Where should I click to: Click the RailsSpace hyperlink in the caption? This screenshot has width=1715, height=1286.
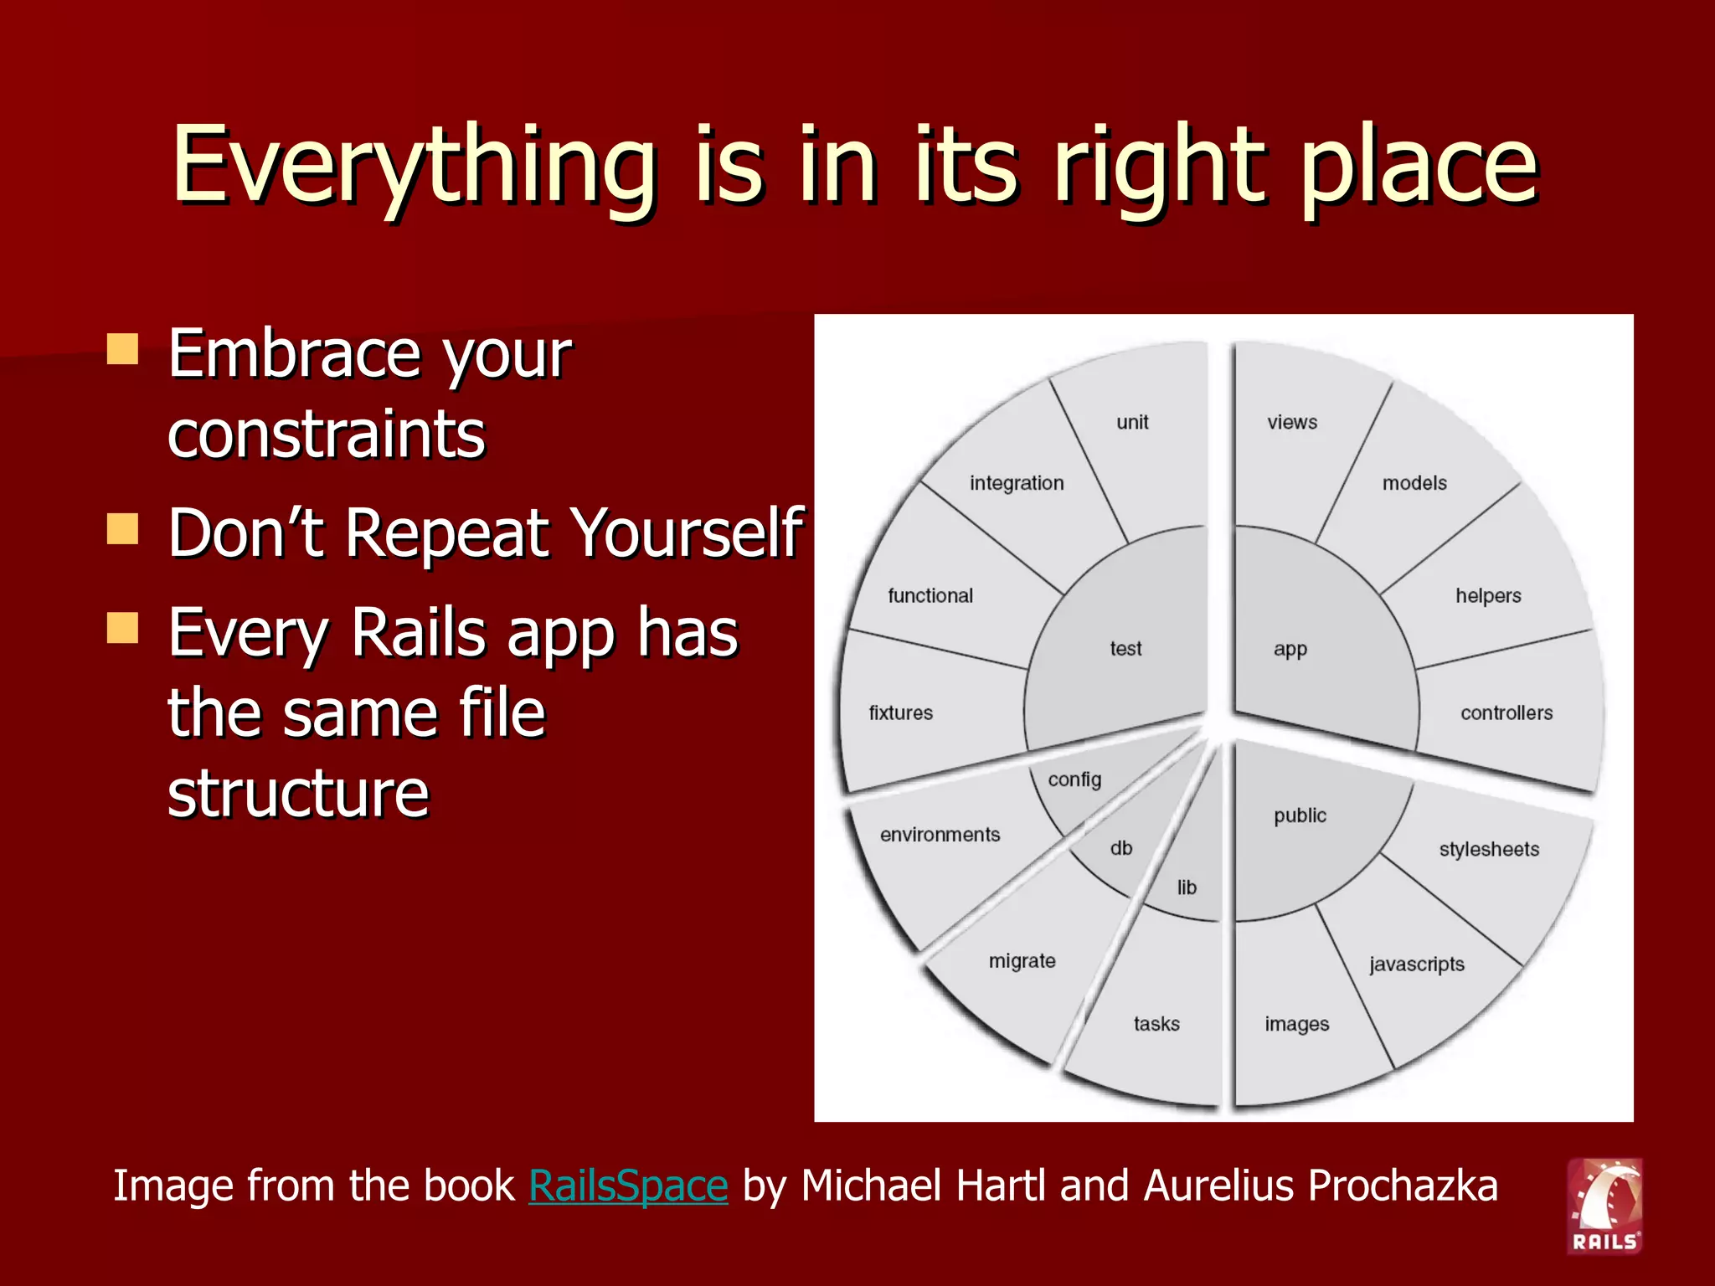(x=628, y=1186)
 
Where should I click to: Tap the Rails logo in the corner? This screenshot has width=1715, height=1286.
(x=1604, y=1206)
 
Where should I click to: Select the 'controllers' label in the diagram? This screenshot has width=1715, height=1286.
(x=1506, y=713)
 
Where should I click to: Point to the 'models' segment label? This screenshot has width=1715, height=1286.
(x=1414, y=483)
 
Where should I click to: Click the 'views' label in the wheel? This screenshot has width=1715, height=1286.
(x=1292, y=423)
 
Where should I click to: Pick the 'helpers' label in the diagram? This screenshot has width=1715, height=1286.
(x=1488, y=596)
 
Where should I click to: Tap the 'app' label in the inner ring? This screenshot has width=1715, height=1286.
(x=1290, y=650)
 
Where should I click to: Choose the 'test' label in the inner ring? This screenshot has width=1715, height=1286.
(x=1125, y=649)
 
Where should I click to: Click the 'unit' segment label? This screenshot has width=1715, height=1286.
(x=1132, y=423)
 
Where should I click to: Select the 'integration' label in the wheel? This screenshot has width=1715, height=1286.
(x=1017, y=483)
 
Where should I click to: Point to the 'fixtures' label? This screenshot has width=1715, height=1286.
(x=901, y=713)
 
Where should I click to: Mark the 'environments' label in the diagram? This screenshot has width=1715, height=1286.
(x=940, y=835)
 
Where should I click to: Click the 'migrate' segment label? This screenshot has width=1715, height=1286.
(x=1022, y=961)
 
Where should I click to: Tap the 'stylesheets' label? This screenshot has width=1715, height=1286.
(x=1489, y=850)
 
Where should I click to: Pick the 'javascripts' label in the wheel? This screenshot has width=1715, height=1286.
(x=1417, y=964)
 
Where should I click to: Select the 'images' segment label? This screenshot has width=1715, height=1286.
(x=1297, y=1025)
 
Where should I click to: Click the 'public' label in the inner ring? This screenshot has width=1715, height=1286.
(x=1300, y=816)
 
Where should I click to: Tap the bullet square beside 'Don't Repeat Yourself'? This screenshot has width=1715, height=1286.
(x=123, y=529)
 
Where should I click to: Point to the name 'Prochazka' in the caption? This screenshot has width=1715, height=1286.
(x=1403, y=1186)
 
